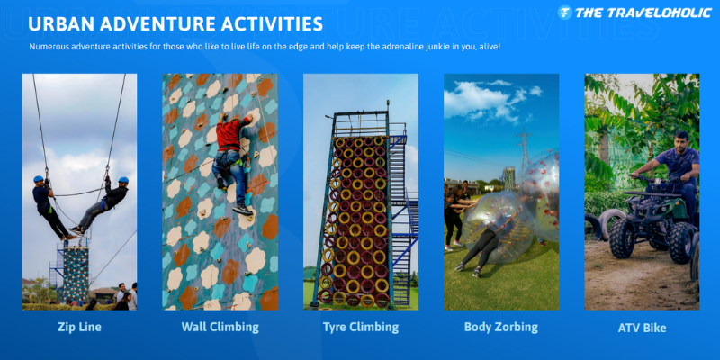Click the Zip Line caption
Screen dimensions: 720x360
[79, 327]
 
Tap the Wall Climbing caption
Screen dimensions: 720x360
[220, 327]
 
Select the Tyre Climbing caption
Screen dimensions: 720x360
[361, 327]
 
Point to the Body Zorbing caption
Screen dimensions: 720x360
[501, 327]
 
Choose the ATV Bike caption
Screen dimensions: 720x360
[642, 328]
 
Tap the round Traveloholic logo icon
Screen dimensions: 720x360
[565, 13]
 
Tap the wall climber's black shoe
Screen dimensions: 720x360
[242, 210]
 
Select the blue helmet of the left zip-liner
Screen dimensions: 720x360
[39, 179]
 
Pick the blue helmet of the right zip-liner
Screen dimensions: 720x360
[123, 180]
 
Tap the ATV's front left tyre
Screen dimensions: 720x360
[622, 238]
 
